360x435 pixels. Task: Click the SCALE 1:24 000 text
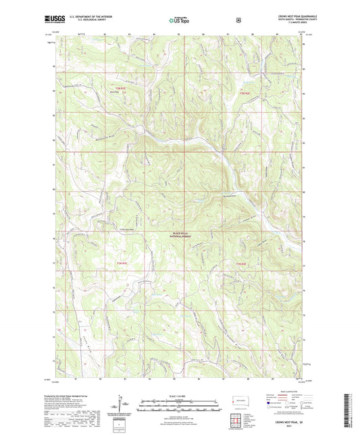pyautogui.click(x=179, y=395)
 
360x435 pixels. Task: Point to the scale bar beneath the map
pyautogui.click(x=179, y=403)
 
